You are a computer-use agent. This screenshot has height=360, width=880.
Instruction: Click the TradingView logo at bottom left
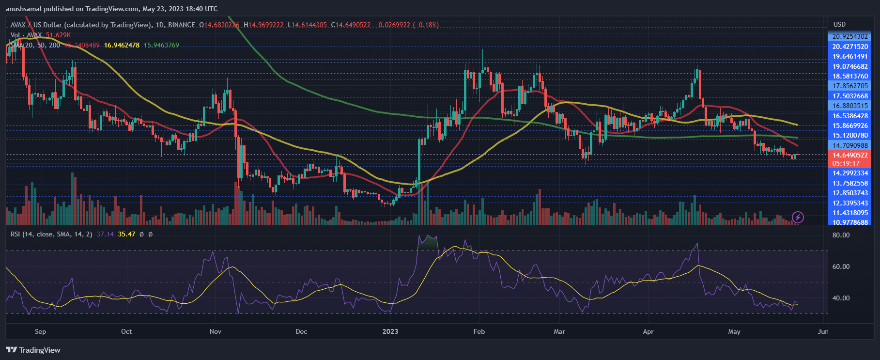coord(33,350)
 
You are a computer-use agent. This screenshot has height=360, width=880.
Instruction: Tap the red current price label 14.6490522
coord(849,155)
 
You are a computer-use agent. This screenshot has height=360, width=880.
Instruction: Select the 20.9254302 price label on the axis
coord(849,36)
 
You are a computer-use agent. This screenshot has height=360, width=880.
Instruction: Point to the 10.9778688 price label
coord(849,222)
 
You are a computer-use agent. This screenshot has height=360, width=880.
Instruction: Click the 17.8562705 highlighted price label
coord(849,86)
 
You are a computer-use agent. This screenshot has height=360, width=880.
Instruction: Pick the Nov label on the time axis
coord(216,331)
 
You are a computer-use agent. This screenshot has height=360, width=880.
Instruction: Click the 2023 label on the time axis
coord(390,331)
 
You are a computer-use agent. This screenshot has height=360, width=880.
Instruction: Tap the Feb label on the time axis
coord(479,331)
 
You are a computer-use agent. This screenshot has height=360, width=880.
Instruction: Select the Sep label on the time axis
coord(41,331)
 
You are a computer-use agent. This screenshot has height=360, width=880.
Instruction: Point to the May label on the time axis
coord(734,331)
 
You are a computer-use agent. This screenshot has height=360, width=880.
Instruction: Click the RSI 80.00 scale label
coord(841,235)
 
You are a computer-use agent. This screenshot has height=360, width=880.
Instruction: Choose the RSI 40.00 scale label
coord(841,298)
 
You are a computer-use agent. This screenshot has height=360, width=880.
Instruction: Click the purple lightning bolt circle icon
coord(798,217)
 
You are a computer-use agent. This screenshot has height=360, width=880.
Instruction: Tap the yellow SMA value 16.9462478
coord(122,45)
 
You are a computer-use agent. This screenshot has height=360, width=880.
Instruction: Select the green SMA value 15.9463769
coord(161,45)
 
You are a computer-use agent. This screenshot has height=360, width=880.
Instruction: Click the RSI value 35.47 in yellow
coord(126,234)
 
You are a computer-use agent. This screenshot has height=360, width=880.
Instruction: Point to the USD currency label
coord(839,24)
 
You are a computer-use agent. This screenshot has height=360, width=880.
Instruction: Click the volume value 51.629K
coord(58,35)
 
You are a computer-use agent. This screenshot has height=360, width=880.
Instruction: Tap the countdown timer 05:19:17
coord(846,163)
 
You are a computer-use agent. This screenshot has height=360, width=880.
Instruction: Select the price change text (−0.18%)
coord(426,25)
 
